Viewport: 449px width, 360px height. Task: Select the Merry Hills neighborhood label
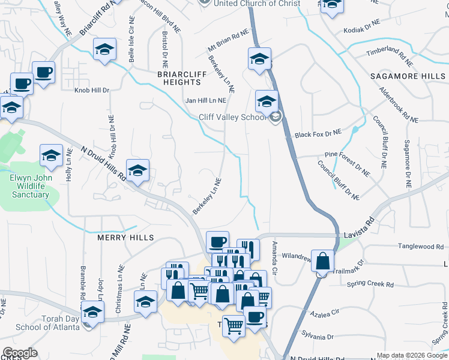126,238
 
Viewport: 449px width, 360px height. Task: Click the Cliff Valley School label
232,117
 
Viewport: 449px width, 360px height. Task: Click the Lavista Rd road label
359,236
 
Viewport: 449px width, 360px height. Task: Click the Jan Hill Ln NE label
206,101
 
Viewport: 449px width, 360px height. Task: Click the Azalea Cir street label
324,313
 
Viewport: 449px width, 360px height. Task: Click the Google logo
20,353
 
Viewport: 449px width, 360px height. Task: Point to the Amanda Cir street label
275,259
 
